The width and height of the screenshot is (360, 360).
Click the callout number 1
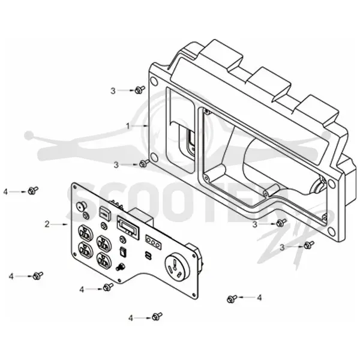click(x=128, y=126)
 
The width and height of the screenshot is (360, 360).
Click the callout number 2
click(x=47, y=224)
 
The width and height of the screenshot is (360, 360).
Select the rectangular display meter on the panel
click(x=128, y=226)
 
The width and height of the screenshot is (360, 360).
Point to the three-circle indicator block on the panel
click(x=153, y=242)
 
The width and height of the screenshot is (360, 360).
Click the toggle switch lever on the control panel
click(x=120, y=267)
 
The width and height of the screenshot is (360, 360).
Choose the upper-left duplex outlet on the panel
click(x=86, y=233)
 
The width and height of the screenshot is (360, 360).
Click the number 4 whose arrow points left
click(x=259, y=298)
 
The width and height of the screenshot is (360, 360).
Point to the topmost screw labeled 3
click(x=140, y=90)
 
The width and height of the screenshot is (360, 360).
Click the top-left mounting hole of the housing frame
click(x=154, y=81)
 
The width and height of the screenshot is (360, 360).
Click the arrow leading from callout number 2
click(x=59, y=224)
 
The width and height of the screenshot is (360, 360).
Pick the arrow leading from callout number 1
click(x=140, y=126)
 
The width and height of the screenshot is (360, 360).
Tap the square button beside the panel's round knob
click(x=105, y=212)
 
